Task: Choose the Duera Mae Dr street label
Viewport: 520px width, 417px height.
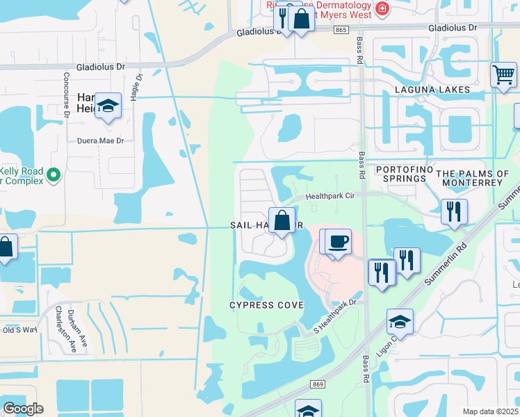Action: [x=100, y=140]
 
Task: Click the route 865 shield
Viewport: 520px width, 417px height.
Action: [x=341, y=29]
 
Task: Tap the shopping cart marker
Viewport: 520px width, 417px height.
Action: [x=503, y=73]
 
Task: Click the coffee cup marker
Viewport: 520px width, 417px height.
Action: [x=338, y=241]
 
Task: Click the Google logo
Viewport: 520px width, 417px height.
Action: [x=24, y=408]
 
